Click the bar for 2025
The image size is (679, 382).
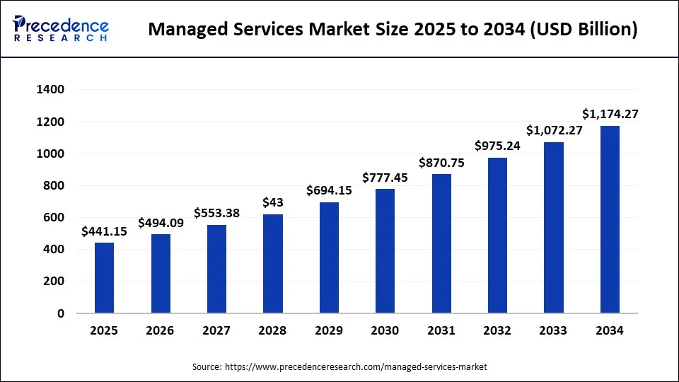pyautogui.click(x=104, y=277)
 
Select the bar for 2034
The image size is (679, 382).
pyautogui.click(x=610, y=219)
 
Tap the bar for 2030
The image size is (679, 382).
pyautogui.click(x=385, y=250)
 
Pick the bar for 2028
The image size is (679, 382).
pyautogui.click(x=273, y=263)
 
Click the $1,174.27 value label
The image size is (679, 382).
pyautogui.click(x=610, y=113)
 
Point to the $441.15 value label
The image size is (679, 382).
pyautogui.click(x=104, y=231)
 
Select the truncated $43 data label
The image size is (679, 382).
pyautogui.click(x=273, y=202)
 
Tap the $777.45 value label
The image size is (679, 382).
pyautogui.click(x=385, y=177)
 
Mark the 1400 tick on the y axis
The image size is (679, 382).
pyautogui.click(x=50, y=90)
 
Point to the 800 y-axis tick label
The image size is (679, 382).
pyautogui.click(x=54, y=186)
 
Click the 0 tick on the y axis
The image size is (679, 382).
pyautogui.click(x=61, y=313)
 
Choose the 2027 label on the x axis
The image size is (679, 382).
pyautogui.click(x=216, y=331)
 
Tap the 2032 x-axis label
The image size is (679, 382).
pyautogui.click(x=497, y=331)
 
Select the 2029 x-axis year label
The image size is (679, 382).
pyautogui.click(x=329, y=331)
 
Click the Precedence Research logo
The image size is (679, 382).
pyautogui.click(x=61, y=29)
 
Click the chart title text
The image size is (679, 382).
pyautogui.click(x=393, y=30)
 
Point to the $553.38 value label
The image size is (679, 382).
pyautogui.click(x=216, y=213)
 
